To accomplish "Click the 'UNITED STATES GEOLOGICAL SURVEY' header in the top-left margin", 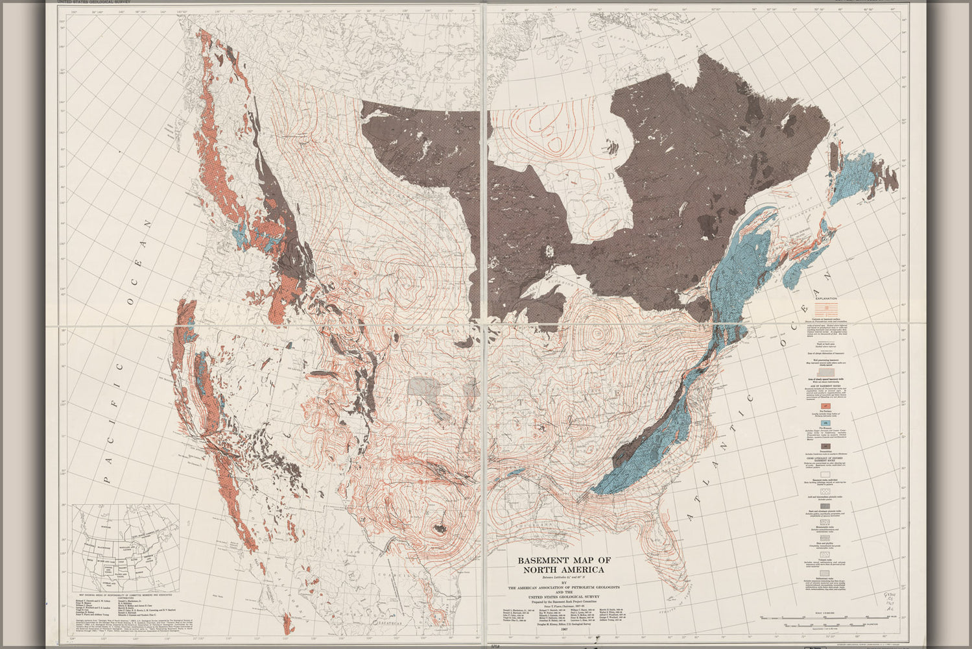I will coord(97,3).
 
